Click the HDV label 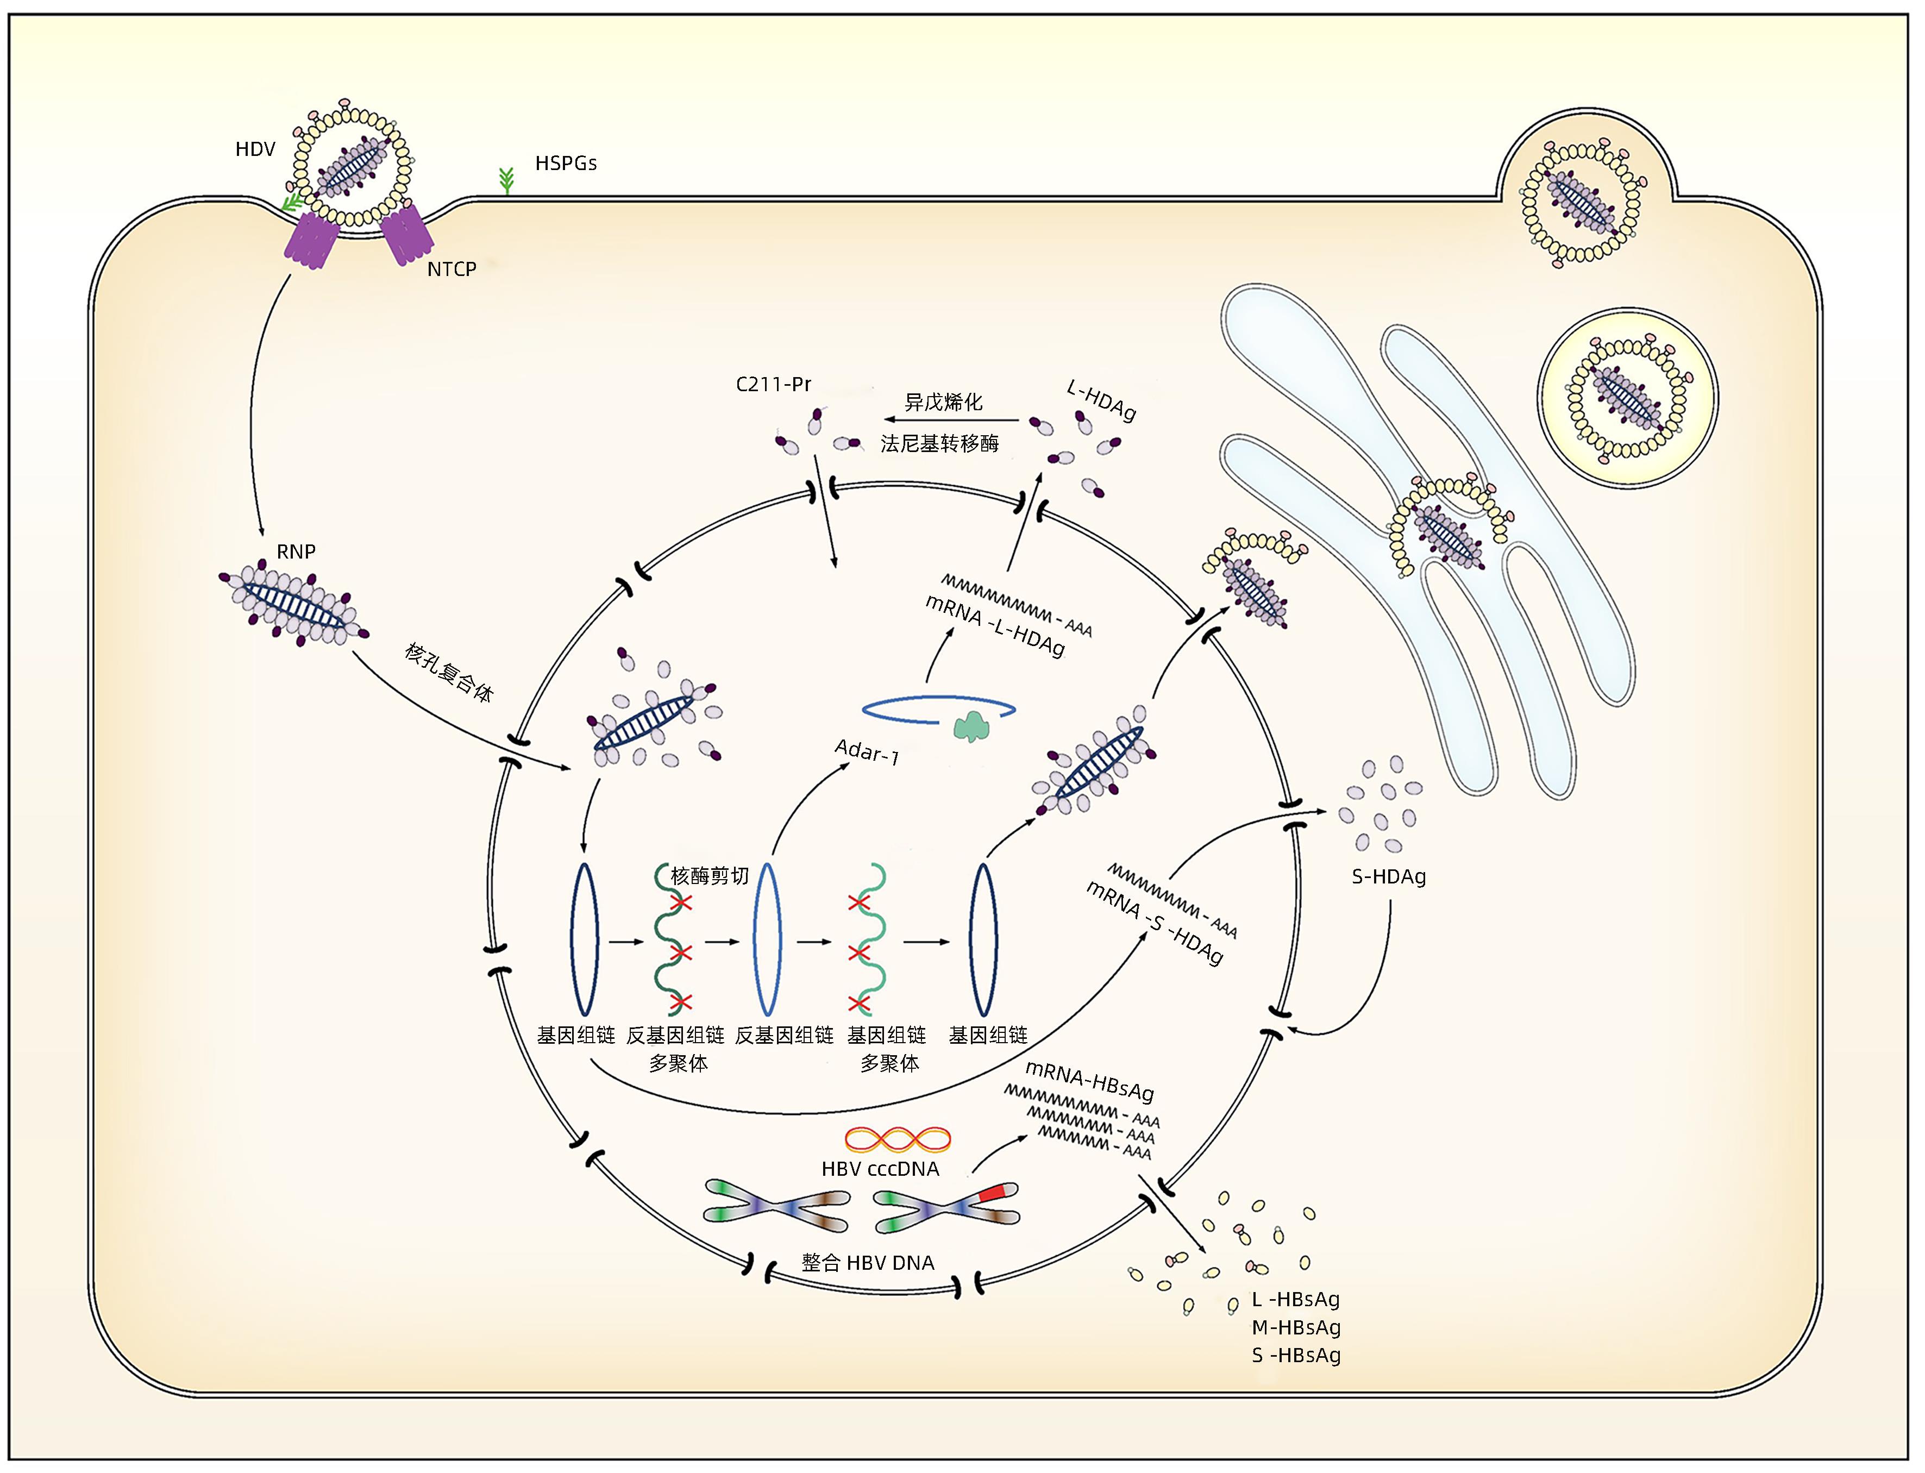(255, 149)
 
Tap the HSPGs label (566, 163)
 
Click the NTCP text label (452, 269)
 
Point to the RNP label (296, 551)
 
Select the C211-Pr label (773, 384)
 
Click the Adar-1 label (867, 751)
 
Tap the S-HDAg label (1389, 876)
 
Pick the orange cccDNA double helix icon (898, 1139)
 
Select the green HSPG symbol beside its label (506, 180)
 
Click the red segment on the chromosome (992, 1193)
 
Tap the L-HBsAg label (1296, 1299)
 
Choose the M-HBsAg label (1296, 1327)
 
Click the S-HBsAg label (1296, 1356)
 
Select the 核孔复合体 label (449, 673)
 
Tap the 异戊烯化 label (943, 403)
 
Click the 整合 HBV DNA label (867, 1263)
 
